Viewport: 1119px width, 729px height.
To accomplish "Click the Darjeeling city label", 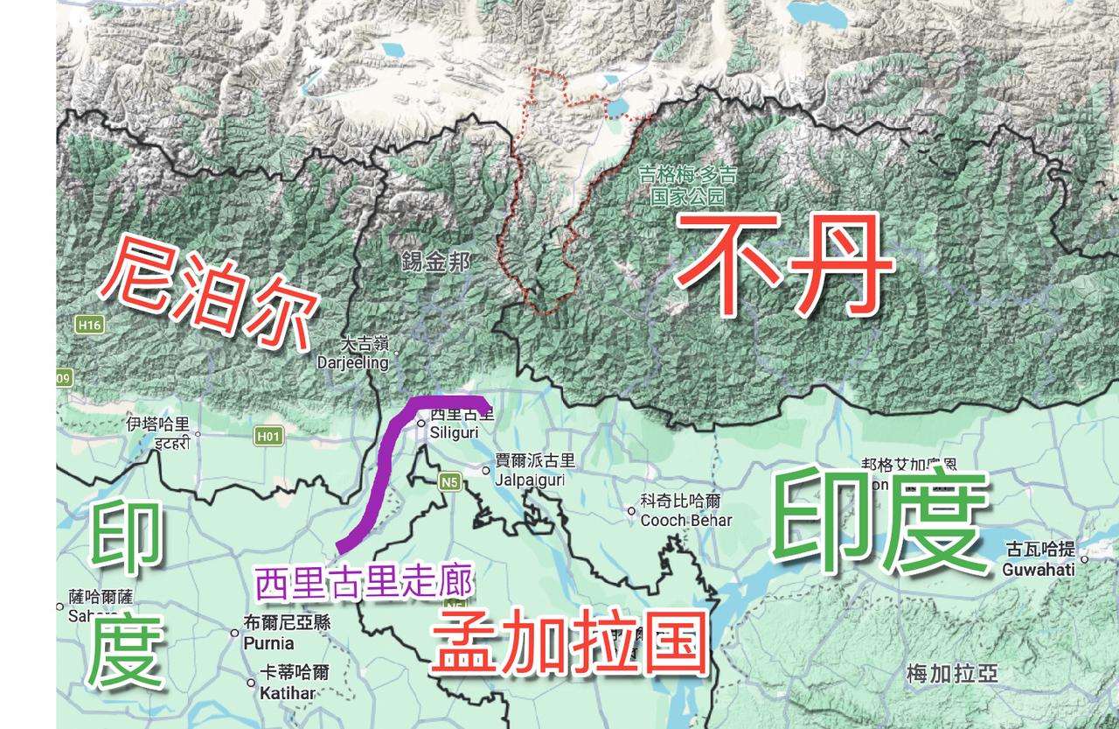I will point(351,361).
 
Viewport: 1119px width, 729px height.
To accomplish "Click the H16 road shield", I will point(89,325).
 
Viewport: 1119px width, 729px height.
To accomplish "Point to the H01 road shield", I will point(268,436).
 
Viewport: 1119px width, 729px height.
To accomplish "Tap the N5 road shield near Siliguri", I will point(449,480).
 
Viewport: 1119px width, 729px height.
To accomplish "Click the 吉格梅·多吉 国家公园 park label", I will point(687,186).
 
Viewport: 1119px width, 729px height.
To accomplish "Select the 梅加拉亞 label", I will point(951,674).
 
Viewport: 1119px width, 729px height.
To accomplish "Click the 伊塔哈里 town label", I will point(157,432).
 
